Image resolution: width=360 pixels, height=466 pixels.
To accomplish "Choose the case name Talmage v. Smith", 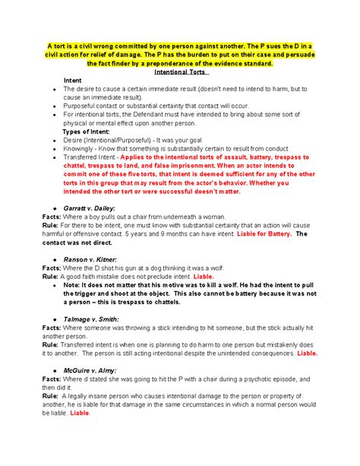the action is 93,318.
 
